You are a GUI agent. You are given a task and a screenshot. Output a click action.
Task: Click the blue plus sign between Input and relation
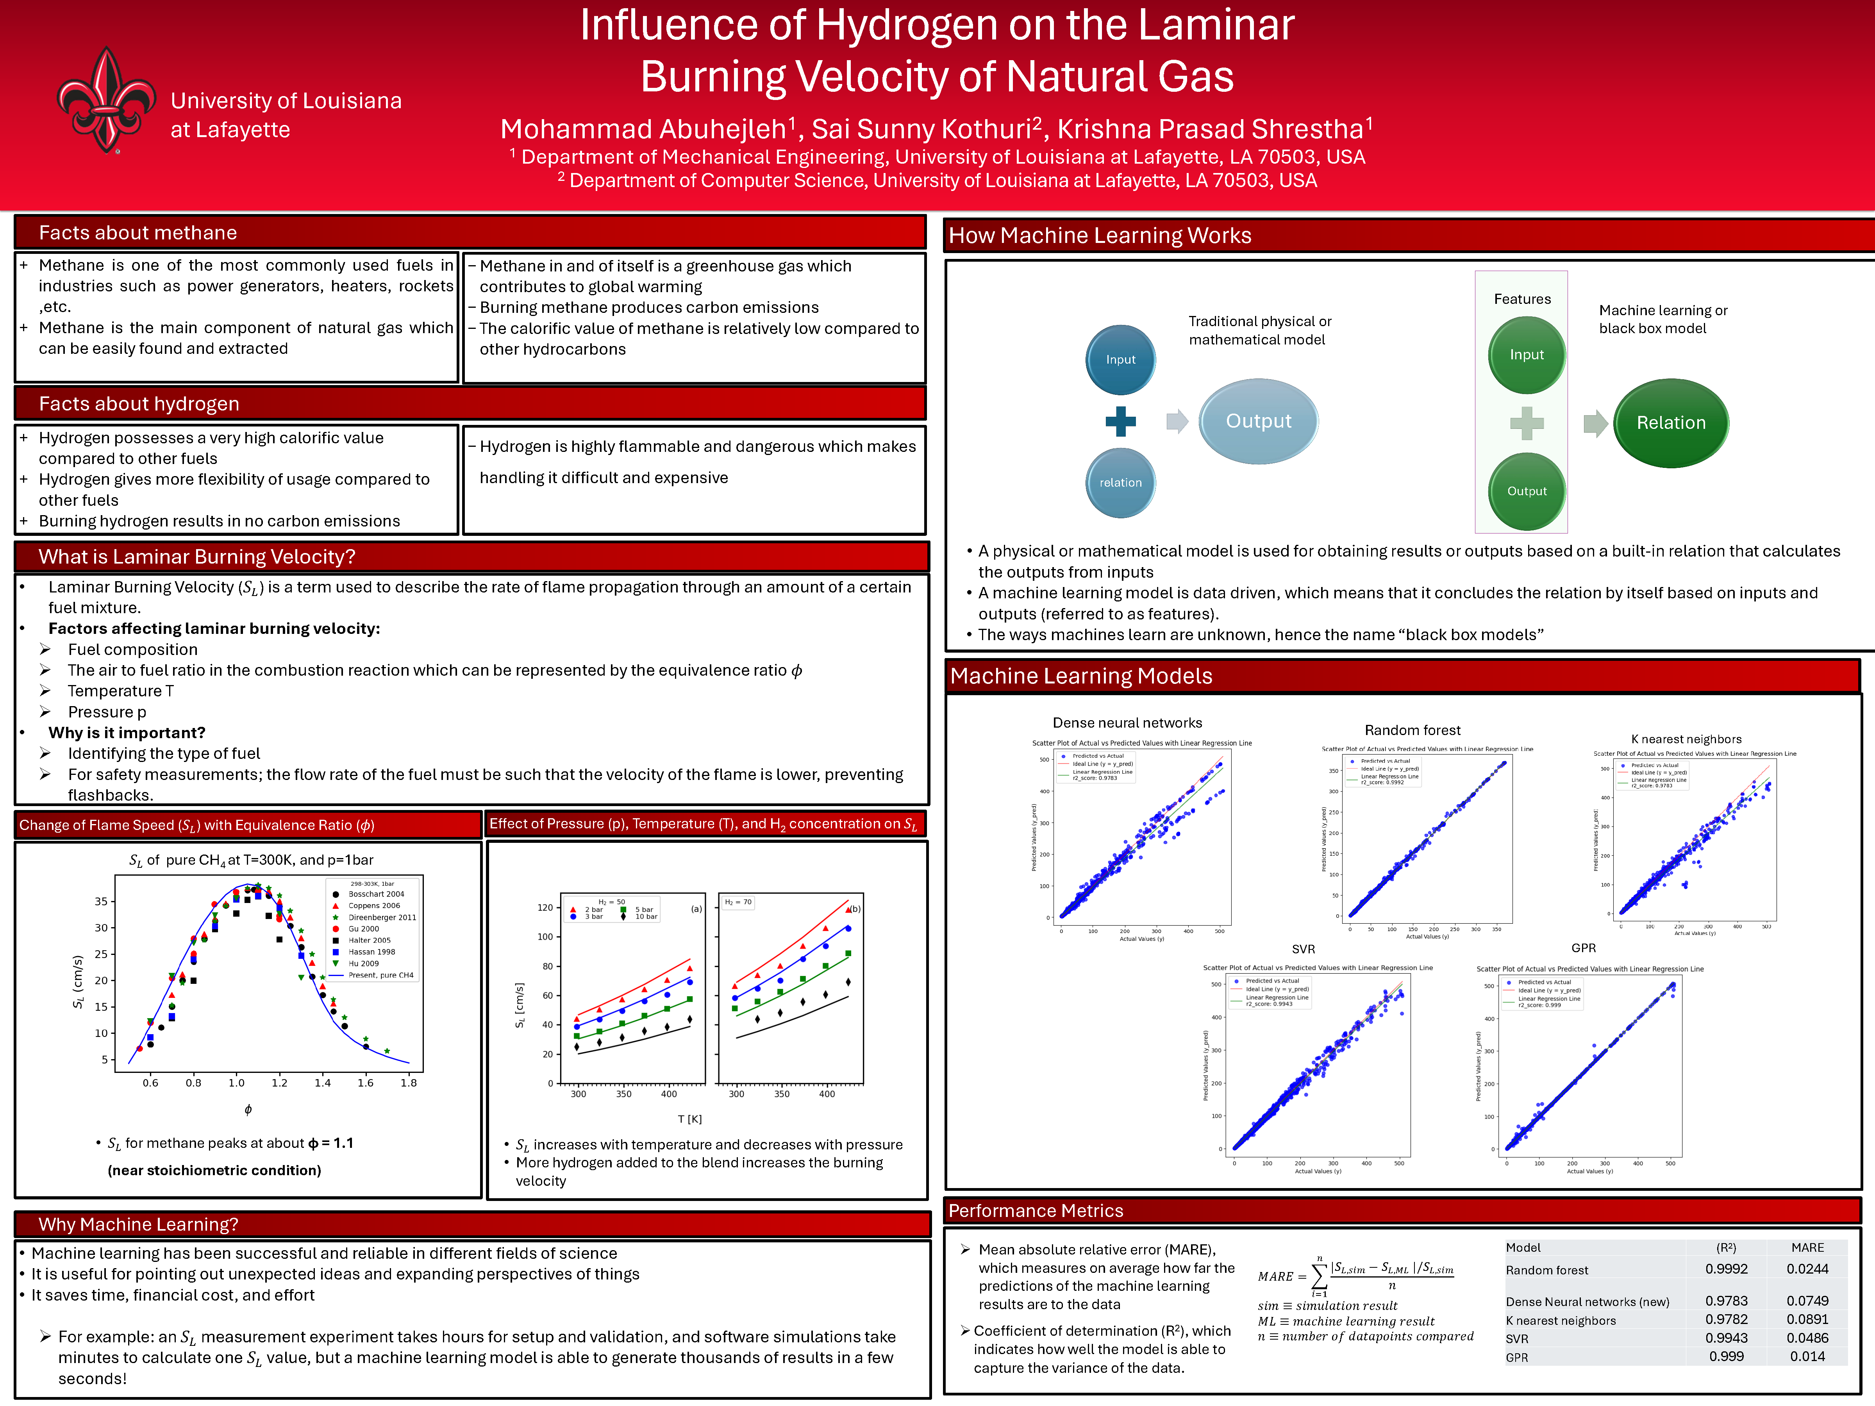click(1120, 421)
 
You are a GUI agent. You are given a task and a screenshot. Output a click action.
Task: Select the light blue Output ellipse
click(1258, 421)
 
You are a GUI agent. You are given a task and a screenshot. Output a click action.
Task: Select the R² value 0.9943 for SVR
click(1726, 1337)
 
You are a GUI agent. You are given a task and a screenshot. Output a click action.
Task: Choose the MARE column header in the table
click(1807, 1247)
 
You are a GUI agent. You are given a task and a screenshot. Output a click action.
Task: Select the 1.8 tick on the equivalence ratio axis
click(409, 1082)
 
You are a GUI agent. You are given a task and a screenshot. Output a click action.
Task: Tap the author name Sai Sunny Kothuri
click(921, 129)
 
